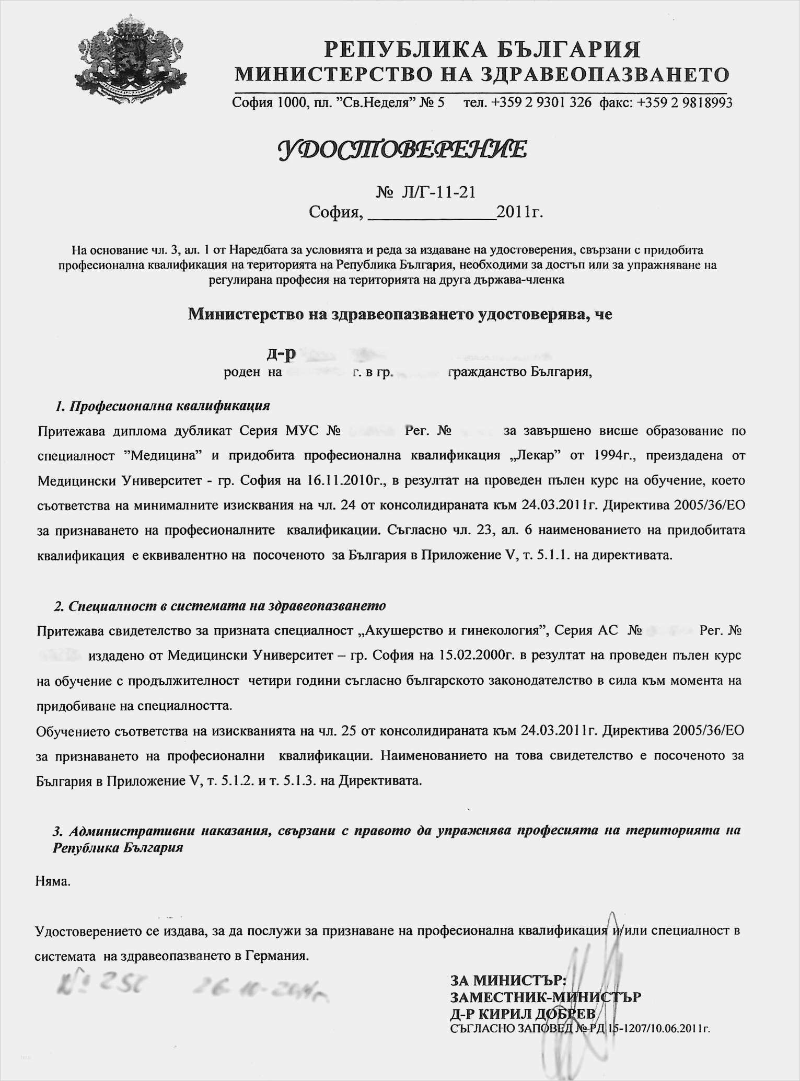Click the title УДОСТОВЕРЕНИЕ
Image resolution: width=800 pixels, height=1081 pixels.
click(402, 149)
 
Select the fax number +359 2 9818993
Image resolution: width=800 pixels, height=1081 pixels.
click(685, 102)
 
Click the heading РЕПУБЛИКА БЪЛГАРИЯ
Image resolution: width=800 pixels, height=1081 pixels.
click(482, 50)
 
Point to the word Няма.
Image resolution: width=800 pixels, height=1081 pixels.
click(53, 881)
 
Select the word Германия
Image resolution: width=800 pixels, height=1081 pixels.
click(277, 956)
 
